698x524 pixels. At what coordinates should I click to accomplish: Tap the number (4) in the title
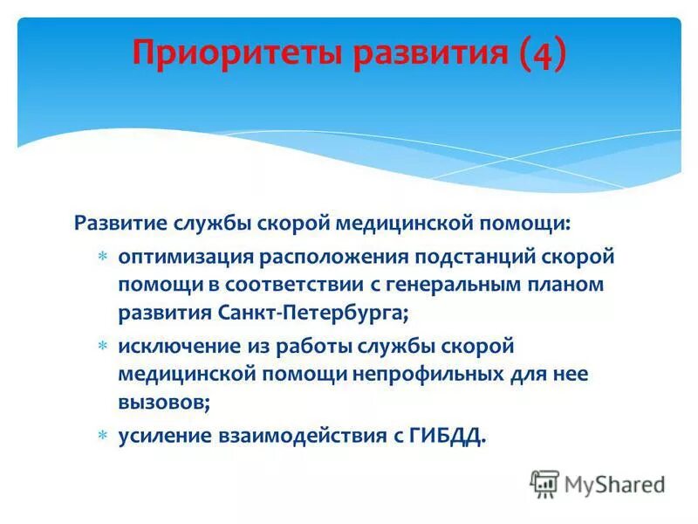[541, 53]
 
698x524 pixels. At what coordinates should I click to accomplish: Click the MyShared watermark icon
[545, 483]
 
